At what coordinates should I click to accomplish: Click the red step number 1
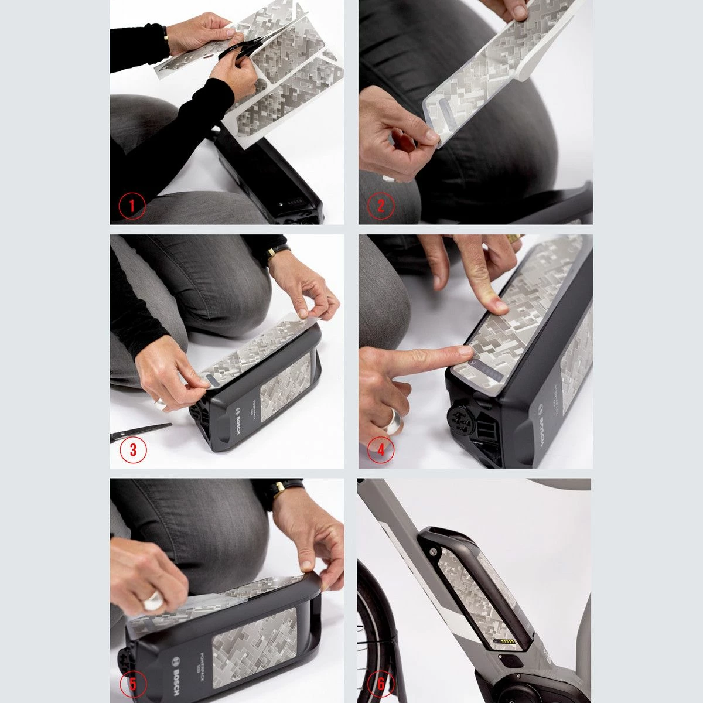click(132, 206)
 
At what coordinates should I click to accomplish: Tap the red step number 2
click(381, 206)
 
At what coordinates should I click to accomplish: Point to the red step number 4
click(381, 450)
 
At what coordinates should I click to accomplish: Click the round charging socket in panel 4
click(459, 417)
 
